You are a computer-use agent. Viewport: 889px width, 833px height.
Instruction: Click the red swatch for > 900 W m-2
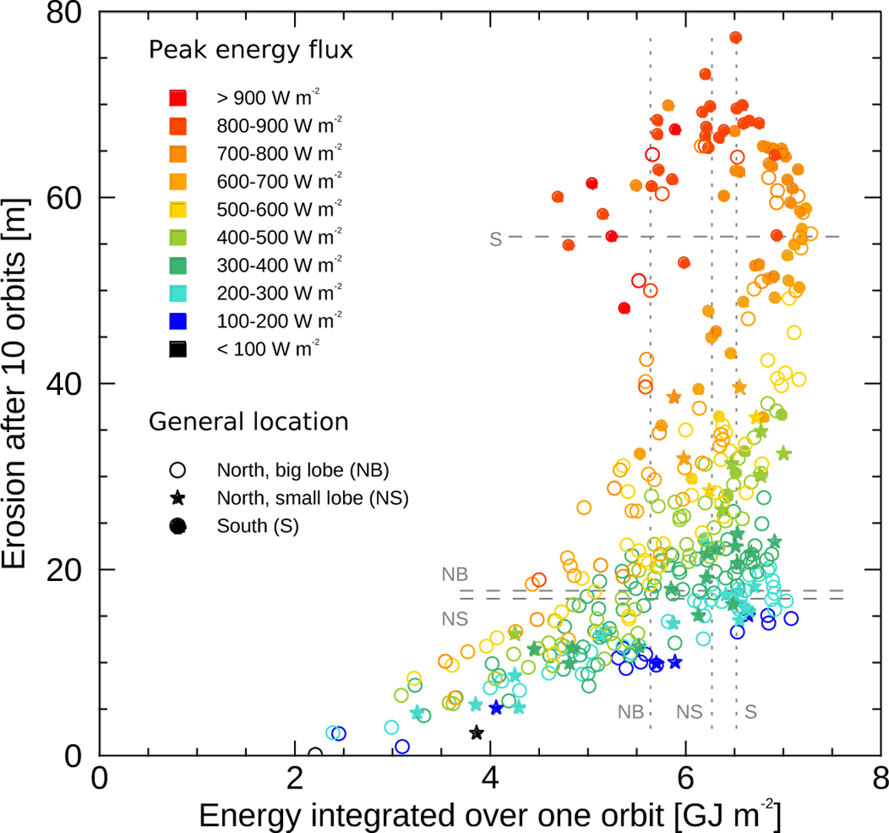click(177, 98)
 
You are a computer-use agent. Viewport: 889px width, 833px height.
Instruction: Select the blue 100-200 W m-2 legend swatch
click(177, 321)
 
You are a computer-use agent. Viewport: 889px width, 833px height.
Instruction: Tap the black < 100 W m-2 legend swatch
click(177, 349)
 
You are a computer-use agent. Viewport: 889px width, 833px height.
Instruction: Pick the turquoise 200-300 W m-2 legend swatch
click(177, 293)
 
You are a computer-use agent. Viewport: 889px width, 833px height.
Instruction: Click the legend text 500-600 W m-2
click(279, 209)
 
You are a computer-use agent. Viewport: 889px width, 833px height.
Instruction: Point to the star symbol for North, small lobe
click(178, 498)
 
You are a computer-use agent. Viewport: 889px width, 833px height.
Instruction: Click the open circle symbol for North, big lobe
click(178, 471)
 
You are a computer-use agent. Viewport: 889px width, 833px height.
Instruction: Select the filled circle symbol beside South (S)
click(178, 526)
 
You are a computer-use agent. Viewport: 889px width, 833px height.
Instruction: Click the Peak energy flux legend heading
click(251, 50)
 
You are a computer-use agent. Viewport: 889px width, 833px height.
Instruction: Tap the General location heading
click(248, 422)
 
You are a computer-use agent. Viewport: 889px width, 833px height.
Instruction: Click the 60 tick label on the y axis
click(64, 197)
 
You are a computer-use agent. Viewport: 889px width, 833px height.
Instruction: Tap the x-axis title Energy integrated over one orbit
click(489, 816)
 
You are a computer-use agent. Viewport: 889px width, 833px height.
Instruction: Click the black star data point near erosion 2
click(476, 733)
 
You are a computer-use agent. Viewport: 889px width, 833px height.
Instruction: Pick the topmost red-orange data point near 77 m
click(736, 37)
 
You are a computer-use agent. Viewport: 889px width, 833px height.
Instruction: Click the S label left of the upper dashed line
click(496, 239)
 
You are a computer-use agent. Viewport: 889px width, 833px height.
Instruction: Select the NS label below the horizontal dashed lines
click(454, 619)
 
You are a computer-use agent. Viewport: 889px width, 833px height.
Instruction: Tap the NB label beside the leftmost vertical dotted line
click(630, 712)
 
